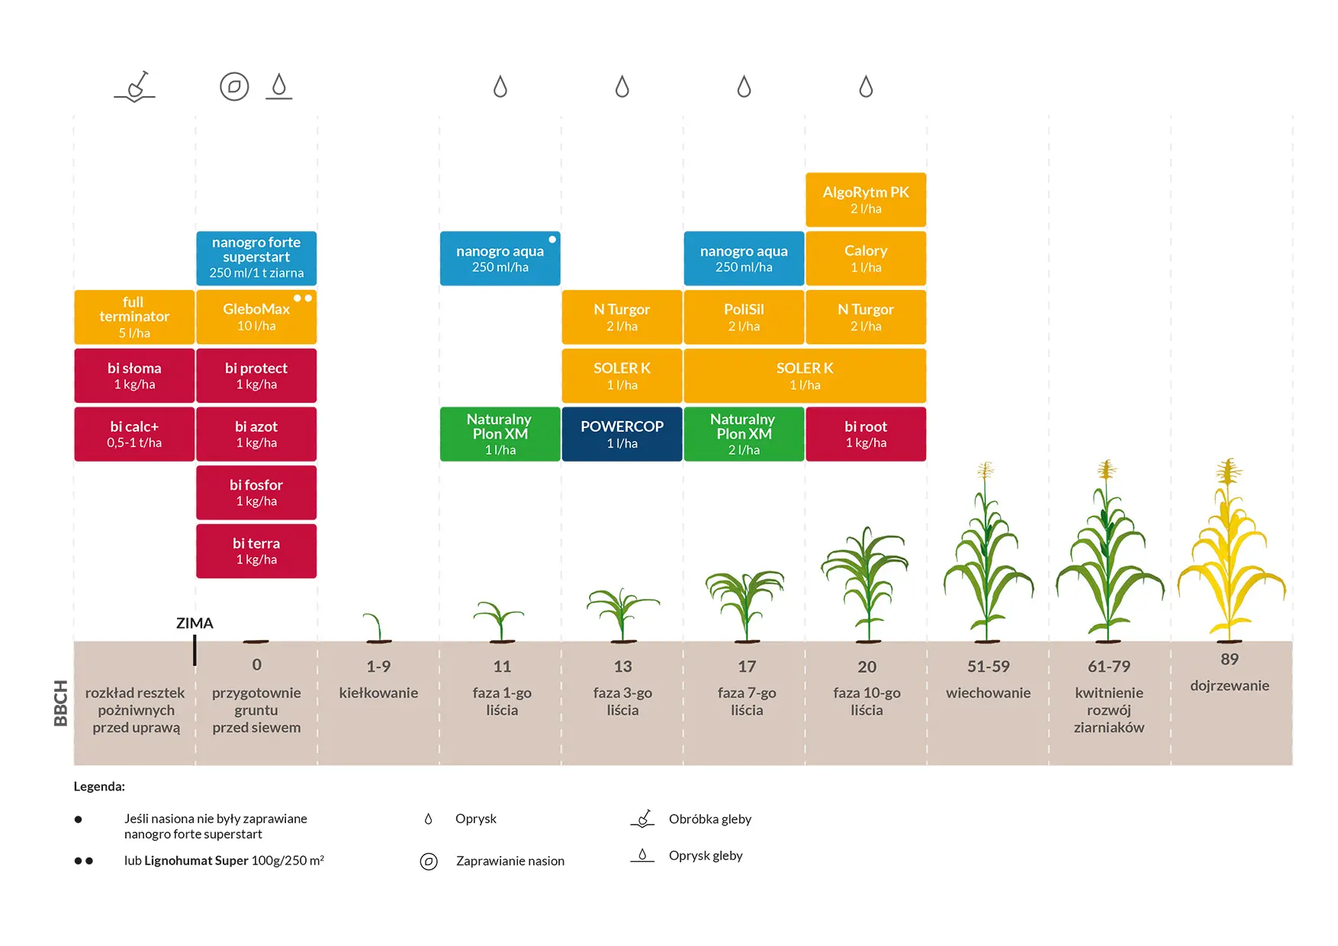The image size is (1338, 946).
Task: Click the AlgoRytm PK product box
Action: click(866, 200)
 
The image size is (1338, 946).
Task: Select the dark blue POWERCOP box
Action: click(622, 434)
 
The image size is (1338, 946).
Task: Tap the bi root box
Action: click(866, 434)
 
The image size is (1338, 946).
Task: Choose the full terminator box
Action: click(134, 317)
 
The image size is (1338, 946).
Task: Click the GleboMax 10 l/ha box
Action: click(256, 317)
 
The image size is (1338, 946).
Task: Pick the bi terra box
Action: click(256, 551)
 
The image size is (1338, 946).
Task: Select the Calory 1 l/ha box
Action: click(866, 259)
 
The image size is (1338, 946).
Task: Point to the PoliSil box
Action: click(744, 317)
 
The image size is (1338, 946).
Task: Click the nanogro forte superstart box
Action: click(256, 258)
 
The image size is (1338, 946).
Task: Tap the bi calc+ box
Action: click(134, 434)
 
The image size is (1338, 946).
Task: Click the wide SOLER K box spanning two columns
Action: click(805, 375)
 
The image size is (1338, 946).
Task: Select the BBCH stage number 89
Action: click(1229, 659)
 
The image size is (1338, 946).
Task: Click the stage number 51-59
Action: click(988, 667)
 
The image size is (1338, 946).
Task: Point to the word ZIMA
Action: click(195, 623)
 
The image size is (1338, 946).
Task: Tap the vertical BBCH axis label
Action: click(61, 703)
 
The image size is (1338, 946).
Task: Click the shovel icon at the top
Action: click(136, 87)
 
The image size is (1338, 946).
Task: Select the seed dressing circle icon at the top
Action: click(234, 87)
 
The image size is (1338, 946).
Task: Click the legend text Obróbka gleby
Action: click(709, 819)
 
